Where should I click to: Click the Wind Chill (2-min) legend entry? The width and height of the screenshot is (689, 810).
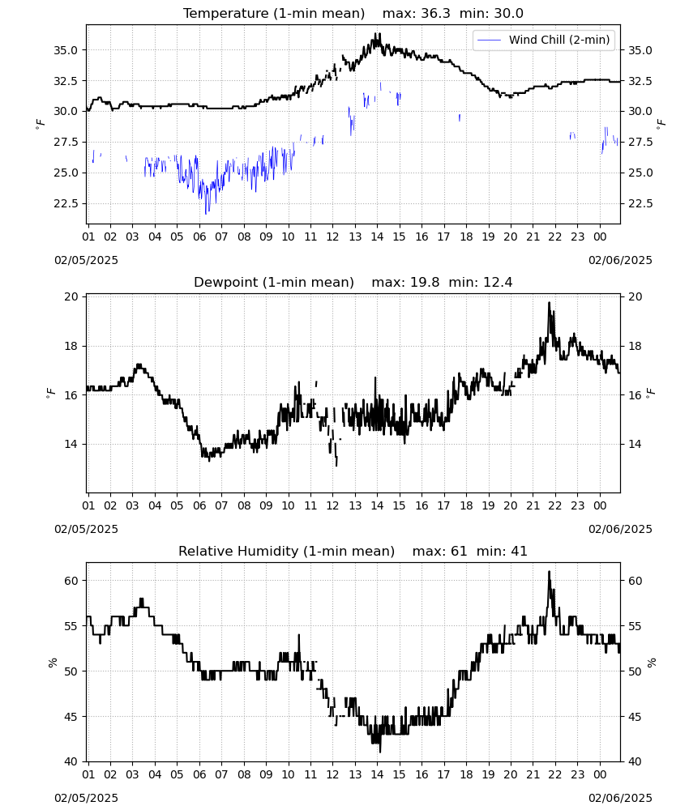[x=544, y=40]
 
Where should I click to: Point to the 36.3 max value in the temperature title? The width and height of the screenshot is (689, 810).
[x=435, y=14]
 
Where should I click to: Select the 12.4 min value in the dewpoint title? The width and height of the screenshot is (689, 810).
[x=498, y=282]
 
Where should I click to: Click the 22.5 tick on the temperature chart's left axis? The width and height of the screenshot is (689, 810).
[x=66, y=203]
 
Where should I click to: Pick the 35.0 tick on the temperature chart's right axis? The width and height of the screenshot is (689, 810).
[x=640, y=50]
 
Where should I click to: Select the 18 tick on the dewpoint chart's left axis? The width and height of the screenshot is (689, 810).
[x=71, y=346]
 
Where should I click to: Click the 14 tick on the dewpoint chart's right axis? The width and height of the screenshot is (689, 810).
[x=635, y=444]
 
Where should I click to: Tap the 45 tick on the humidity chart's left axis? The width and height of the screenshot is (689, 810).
[x=71, y=717]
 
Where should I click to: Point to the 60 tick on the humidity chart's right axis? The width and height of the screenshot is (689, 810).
[x=635, y=581]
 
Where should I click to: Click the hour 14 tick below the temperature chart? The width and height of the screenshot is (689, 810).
[x=377, y=237]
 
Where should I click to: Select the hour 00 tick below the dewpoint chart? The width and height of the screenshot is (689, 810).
[x=600, y=505]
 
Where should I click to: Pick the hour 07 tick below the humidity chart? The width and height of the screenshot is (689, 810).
[x=221, y=774]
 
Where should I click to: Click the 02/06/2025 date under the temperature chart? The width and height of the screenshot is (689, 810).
[x=620, y=260]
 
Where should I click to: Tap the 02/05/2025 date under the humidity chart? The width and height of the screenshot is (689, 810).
[x=86, y=798]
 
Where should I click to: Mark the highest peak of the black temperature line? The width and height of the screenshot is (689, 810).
[x=380, y=34]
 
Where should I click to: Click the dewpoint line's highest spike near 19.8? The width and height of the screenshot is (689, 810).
[x=549, y=303]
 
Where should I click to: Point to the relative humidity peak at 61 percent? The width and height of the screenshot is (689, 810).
[x=549, y=572]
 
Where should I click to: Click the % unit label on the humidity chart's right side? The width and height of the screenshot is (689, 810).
[x=652, y=663]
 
